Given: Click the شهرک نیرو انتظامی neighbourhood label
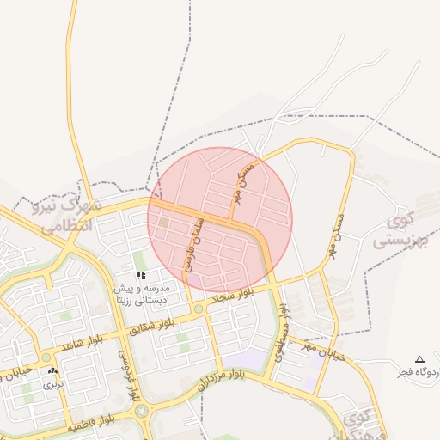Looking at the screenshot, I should (70, 216).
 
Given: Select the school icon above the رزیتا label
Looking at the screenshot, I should (141, 275).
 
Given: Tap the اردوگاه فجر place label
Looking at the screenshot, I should (418, 372).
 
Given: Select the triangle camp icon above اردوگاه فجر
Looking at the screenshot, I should (419, 359).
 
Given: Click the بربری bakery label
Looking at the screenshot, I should (55, 384).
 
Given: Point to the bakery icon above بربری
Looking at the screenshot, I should (55, 371).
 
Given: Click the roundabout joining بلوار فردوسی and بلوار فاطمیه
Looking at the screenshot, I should (141, 411).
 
